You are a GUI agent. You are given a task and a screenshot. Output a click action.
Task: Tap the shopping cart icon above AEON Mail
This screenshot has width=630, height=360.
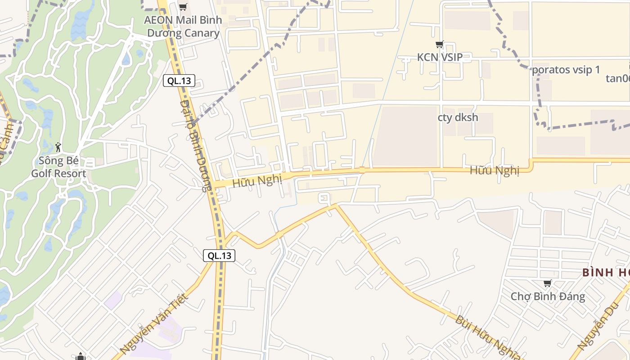click(x=183, y=7)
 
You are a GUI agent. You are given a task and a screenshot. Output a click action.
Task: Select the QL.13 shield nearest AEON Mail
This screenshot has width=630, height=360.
click(x=179, y=81)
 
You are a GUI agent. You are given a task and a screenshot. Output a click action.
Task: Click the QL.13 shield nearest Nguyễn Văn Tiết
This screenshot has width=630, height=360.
click(x=219, y=256)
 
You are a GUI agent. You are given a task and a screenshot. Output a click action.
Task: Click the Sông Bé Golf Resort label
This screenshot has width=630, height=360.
click(x=58, y=167)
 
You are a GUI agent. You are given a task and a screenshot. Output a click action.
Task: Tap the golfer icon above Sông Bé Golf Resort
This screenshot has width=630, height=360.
click(x=58, y=147)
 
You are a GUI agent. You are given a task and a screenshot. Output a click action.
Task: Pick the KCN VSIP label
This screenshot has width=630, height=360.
click(x=440, y=58)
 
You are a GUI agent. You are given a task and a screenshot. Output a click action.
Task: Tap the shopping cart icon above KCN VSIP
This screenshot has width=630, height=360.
click(x=440, y=45)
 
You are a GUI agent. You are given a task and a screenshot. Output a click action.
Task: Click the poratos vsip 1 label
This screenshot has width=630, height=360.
click(x=566, y=70)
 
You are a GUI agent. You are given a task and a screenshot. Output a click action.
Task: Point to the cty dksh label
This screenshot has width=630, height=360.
click(x=458, y=117)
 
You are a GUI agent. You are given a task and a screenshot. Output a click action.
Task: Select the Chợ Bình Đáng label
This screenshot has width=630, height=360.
click(x=548, y=297)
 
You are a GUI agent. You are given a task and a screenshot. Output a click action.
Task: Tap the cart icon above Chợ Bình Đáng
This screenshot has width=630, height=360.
click(x=548, y=283)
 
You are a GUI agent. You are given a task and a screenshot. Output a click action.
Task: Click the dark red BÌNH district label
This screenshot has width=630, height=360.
click(x=606, y=273)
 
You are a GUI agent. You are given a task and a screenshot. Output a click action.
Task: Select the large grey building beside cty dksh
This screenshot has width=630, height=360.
click(x=405, y=136)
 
